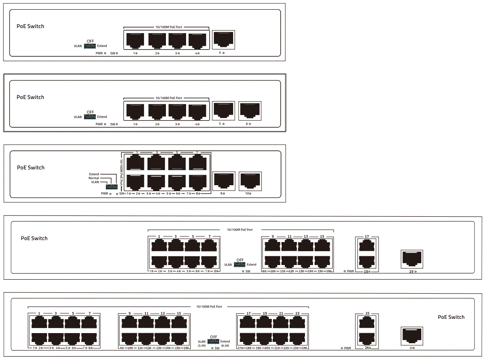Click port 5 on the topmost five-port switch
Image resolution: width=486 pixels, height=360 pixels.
(x=223, y=40)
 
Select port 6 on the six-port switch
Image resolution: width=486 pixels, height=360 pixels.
(x=250, y=111)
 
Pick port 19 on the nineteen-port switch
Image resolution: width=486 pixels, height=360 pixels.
(x=412, y=259)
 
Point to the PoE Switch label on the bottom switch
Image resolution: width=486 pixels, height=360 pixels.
(x=451, y=317)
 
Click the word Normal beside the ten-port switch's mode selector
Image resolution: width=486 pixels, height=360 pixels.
(x=94, y=178)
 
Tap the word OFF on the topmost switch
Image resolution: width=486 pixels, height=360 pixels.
(x=90, y=41)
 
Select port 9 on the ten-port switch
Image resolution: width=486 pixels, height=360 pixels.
(x=224, y=181)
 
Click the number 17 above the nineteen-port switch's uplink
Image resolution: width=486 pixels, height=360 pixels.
(x=367, y=236)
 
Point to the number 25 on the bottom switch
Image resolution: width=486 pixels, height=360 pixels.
(x=367, y=313)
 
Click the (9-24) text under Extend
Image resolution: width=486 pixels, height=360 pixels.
(x=225, y=345)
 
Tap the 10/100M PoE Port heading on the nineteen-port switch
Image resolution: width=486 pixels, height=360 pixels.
(x=239, y=230)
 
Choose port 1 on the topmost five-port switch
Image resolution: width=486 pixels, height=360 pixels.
(x=135, y=41)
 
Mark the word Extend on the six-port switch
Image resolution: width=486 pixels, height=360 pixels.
(x=102, y=117)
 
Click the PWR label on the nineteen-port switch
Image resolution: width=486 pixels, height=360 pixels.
(x=350, y=271)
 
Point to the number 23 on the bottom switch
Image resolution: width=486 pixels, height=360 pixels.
(x=297, y=313)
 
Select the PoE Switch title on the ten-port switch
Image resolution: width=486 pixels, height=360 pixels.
(x=31, y=168)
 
